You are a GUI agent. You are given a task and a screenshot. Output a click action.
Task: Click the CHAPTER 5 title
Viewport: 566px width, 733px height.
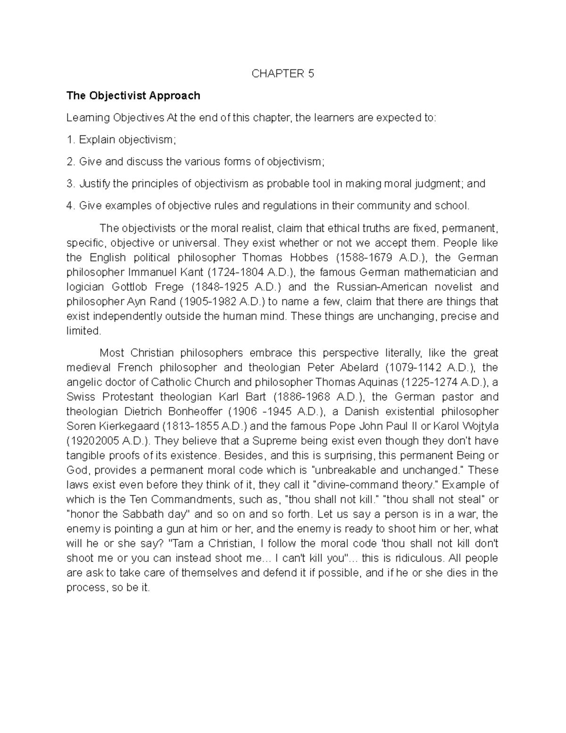[x=283, y=74]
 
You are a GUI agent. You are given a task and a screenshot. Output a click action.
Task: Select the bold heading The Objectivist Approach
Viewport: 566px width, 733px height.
[x=133, y=96]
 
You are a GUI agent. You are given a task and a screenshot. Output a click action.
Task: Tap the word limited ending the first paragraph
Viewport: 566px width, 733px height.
[x=83, y=331]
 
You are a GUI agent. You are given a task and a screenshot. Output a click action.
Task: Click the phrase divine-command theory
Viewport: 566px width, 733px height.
[x=375, y=485]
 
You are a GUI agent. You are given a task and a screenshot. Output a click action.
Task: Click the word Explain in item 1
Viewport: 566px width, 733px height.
[x=97, y=140]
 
